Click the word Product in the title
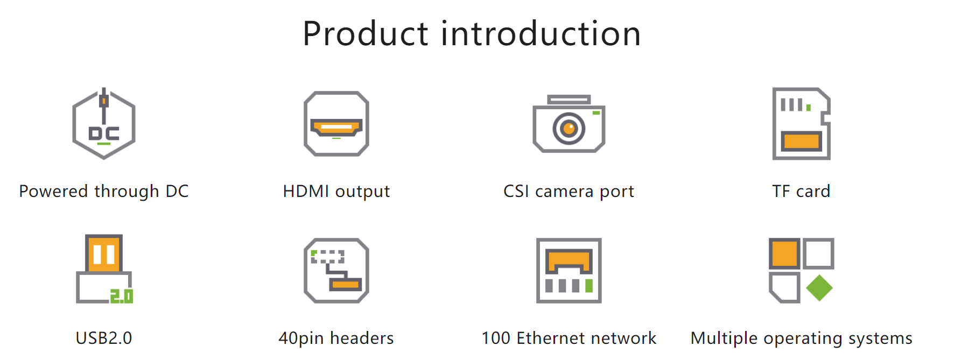pyautogui.click(x=366, y=33)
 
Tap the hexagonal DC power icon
pyautogui.click(x=104, y=124)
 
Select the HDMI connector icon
pyautogui.click(x=336, y=124)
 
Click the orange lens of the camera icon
pyautogui.click(x=569, y=129)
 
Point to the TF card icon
pyautogui.click(x=802, y=124)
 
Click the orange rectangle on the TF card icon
pyautogui.click(x=802, y=141)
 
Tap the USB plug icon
pyautogui.click(x=104, y=269)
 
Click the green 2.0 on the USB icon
pyautogui.click(x=122, y=296)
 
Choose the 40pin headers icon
pyautogui.click(x=336, y=271)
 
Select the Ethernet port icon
pyautogui.click(x=569, y=271)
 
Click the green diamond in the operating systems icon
pyautogui.click(x=819, y=288)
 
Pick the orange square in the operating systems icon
pyautogui.click(x=784, y=253)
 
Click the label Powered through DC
pyautogui.click(x=104, y=192)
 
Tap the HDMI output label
pyautogui.click(x=336, y=192)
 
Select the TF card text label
pyautogui.click(x=802, y=191)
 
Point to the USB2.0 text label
pyautogui.click(x=104, y=338)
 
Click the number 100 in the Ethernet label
pyautogui.click(x=496, y=338)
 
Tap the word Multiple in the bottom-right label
pyautogui.click(x=725, y=338)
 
